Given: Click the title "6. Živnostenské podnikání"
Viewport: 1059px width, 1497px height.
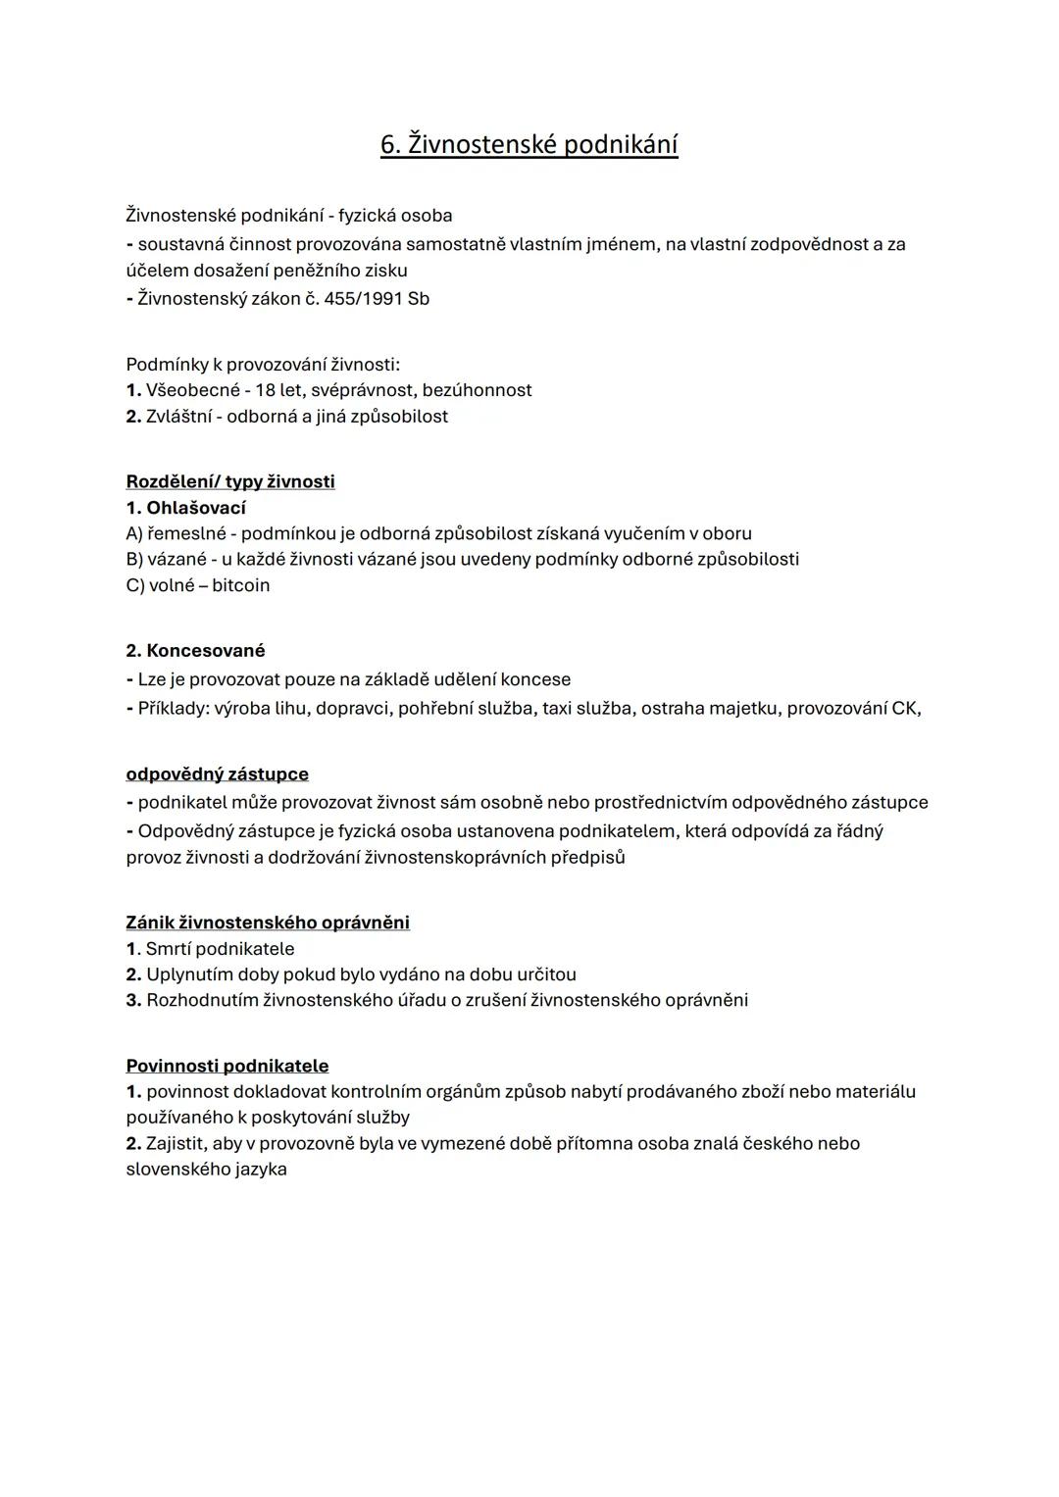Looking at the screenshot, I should (529, 145).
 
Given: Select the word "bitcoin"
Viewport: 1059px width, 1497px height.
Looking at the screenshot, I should (240, 585).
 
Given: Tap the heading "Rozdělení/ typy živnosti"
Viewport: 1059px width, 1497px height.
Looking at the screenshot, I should (230, 481).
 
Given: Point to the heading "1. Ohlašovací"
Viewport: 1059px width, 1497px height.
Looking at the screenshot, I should (185, 508).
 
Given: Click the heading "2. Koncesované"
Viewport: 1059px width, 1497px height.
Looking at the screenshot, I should (195, 651).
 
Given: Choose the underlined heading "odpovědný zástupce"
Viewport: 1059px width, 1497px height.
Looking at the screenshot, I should (217, 774).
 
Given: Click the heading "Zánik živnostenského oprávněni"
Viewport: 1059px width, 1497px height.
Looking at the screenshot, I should (268, 923).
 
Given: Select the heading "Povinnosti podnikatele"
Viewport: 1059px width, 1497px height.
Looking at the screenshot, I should (227, 1066).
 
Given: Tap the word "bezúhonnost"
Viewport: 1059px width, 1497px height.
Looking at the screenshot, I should (477, 390).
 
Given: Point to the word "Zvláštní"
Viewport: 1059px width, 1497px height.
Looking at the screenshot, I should (181, 417).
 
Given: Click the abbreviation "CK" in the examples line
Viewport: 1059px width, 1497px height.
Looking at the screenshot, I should (904, 708).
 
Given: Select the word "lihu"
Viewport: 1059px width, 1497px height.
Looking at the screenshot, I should (334, 708).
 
